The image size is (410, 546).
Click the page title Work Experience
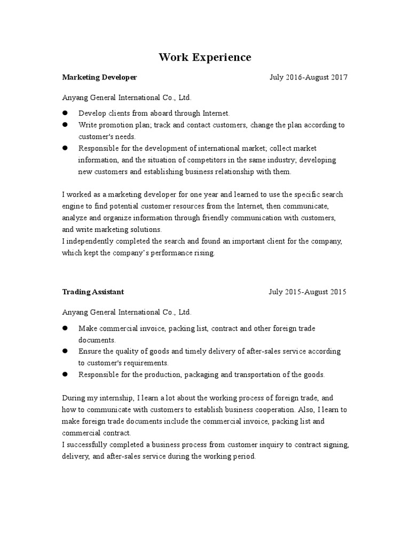point(204,57)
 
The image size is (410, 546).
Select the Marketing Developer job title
point(99,77)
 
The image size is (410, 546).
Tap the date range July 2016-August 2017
point(308,77)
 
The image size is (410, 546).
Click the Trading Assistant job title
point(93,292)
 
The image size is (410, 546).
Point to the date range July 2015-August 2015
point(307,292)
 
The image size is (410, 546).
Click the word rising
point(203,253)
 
